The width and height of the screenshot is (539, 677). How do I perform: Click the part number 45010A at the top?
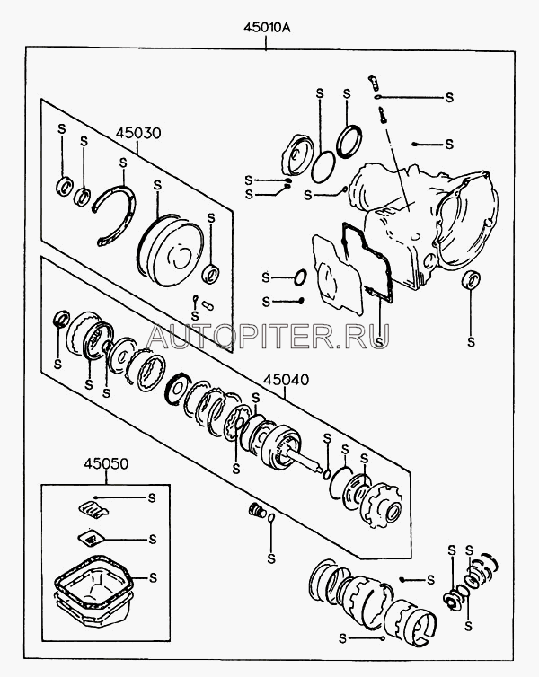point(267,28)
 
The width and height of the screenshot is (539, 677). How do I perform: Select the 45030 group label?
point(138,133)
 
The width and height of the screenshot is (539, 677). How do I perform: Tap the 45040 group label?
point(286,380)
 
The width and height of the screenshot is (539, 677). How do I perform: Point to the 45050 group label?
point(106,463)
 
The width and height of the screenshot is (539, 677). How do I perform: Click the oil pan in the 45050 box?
point(93,596)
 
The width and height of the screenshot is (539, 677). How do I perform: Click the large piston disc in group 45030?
point(171,250)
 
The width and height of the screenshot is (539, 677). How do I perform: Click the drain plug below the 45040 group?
point(257,510)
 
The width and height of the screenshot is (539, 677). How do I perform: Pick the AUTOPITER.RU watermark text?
point(268,336)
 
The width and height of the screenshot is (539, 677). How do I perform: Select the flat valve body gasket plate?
point(336,273)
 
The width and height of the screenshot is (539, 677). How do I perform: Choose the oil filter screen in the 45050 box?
point(91,538)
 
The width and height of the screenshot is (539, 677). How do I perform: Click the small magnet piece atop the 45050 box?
point(93,508)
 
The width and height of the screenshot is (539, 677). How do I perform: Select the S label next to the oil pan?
point(153,577)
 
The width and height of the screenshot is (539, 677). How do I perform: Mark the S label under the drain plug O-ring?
point(271,558)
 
